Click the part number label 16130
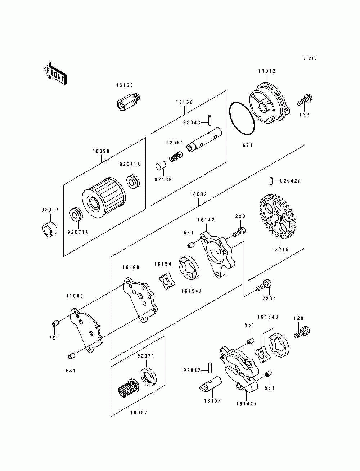125,85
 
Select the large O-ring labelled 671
242,119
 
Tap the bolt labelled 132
305,100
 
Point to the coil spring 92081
176,156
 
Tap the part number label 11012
267,71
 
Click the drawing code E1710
310,58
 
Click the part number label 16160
131,267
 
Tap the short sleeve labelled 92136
161,166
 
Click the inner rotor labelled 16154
167,281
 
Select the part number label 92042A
290,181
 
